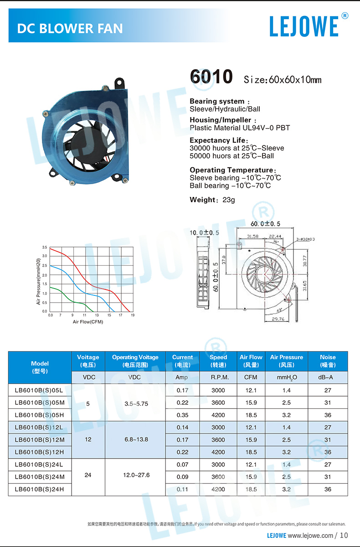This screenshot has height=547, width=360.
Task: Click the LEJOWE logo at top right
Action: coord(304,26)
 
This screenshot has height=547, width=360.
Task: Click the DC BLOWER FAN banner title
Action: coord(70,29)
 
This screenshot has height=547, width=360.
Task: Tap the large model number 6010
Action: coord(211,77)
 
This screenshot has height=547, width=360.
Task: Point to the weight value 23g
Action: coord(229,200)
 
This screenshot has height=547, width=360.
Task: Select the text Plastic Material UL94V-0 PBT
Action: coord(240,128)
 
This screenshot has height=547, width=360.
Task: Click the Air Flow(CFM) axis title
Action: coord(88,322)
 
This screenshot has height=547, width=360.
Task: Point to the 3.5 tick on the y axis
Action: coord(45,247)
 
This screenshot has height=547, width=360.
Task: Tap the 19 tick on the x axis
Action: coord(133,315)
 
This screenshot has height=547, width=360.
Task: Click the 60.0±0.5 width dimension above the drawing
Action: coord(265,224)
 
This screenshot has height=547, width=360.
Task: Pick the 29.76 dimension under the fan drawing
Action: coord(278,319)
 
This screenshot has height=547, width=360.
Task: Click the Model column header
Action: coord(40,367)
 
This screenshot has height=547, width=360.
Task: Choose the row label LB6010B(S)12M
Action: coord(40,440)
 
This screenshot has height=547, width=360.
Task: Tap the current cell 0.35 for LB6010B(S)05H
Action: coord(182,415)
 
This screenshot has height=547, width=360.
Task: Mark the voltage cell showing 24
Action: coord(88,475)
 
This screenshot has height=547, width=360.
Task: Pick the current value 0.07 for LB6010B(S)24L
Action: coord(182,464)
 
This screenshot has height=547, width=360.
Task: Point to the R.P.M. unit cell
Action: coord(218,377)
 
